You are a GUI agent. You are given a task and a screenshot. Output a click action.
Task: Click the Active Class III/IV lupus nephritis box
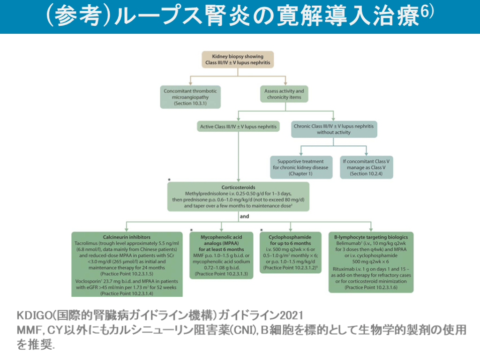[x=238, y=127]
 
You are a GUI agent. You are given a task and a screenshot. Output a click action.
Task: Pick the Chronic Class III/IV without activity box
[x=334, y=129]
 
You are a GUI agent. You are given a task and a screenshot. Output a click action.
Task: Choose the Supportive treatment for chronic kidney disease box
[x=300, y=167]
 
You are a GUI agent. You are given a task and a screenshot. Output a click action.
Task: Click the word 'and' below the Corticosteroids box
[x=244, y=217]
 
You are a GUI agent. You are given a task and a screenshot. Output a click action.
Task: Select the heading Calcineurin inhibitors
[x=127, y=237]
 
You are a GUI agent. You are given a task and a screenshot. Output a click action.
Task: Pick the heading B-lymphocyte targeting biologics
[x=371, y=237]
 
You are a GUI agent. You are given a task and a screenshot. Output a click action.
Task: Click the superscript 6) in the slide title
[x=427, y=12]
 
